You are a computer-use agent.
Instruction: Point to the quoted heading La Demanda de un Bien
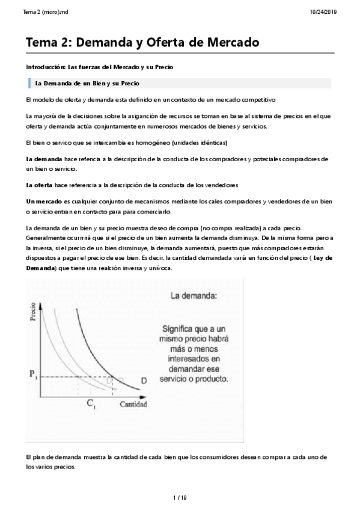87,83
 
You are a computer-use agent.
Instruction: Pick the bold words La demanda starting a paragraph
44,159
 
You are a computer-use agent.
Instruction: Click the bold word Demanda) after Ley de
40,268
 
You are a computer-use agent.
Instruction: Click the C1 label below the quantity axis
91,405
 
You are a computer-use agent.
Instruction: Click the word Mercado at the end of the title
229,43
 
